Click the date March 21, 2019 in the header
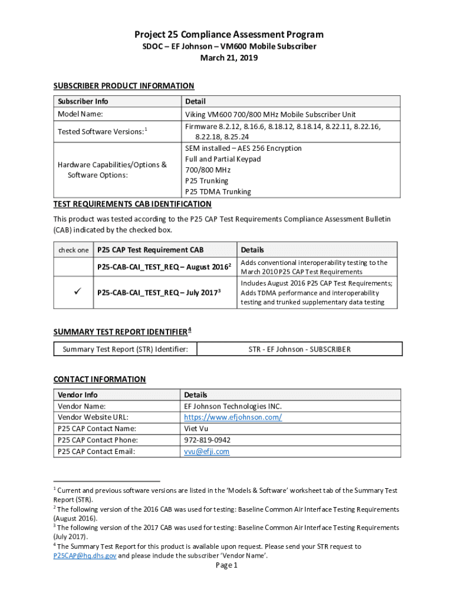coord(229,58)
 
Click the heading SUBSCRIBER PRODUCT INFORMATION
coord(124,86)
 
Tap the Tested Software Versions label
coord(100,131)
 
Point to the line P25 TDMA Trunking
coord(218,191)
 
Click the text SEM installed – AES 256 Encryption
coord(243,148)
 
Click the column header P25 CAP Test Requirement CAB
coord(150,250)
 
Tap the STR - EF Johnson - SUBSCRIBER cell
coord(299,349)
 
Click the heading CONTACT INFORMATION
coord(99,379)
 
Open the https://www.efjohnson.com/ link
coord(233,418)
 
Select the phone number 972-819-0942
coord(207,440)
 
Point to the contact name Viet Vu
coord(196,429)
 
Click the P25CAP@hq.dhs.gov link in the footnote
coord(85,555)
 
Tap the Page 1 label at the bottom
coord(226,566)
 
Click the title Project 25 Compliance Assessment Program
coord(229,35)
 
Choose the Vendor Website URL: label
coord(90,418)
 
